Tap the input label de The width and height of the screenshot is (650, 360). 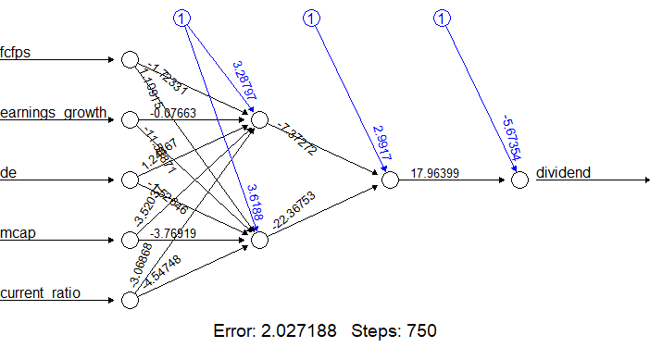(x=8, y=173)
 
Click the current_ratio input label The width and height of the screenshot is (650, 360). (x=40, y=293)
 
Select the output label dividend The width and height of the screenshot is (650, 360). (x=564, y=173)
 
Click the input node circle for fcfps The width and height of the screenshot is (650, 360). (x=130, y=60)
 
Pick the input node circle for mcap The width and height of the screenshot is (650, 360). (x=130, y=241)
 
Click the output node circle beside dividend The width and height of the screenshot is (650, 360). (x=519, y=180)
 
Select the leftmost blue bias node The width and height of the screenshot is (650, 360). (x=182, y=18)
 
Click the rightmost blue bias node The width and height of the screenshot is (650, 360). (x=443, y=18)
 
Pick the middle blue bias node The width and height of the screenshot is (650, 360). (x=312, y=18)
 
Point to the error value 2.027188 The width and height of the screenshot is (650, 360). (x=303, y=330)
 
